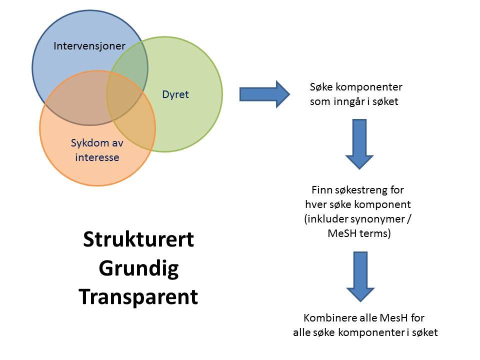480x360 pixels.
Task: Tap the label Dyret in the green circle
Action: [175, 94]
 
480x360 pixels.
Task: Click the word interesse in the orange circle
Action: [97, 158]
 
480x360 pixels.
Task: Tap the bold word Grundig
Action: [138, 268]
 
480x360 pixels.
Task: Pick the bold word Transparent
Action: [138, 297]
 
